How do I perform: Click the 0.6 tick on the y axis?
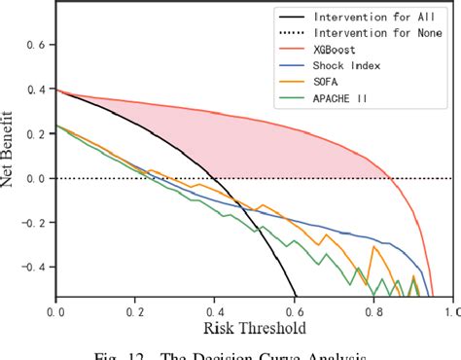36,45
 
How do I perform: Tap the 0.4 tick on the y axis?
36,90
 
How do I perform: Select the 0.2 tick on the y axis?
36,134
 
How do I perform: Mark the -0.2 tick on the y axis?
33,222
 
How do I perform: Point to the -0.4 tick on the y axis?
33,267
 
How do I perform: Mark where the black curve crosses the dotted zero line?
212,178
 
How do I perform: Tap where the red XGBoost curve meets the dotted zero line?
390,178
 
